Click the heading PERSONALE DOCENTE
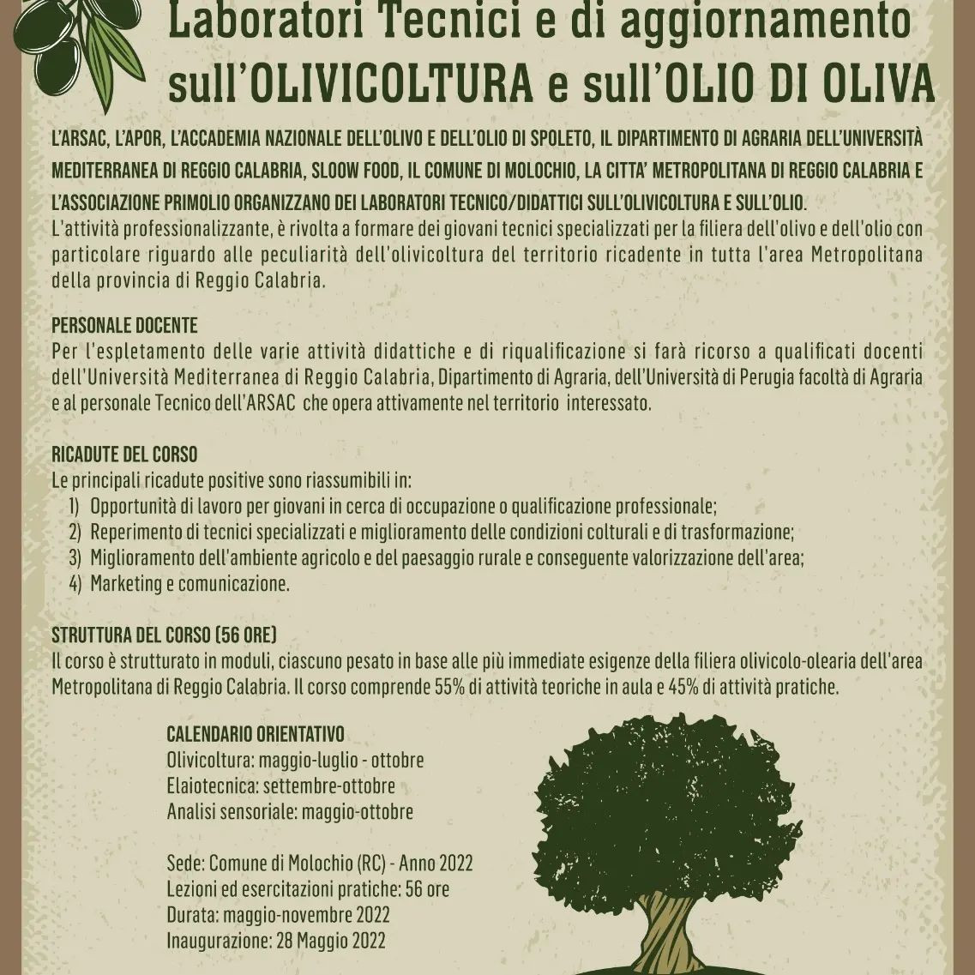tap(124, 326)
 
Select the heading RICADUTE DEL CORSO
tap(124, 454)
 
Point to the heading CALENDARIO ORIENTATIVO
tap(255, 734)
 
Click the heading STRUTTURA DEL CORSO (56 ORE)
tap(164, 635)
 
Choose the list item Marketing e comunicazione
tap(190, 584)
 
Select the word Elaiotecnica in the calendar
tap(213, 785)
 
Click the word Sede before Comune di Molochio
tap(184, 863)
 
